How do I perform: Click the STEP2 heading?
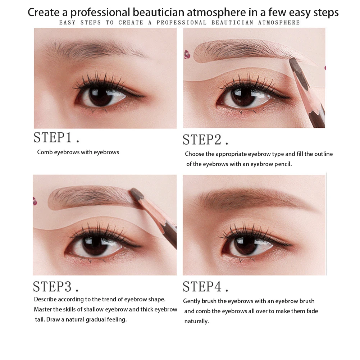point(205,140)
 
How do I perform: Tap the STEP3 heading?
point(56,286)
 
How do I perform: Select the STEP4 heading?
point(205,287)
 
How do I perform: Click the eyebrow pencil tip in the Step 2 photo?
point(293,62)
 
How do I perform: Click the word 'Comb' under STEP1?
point(45,152)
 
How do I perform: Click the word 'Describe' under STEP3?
point(45,299)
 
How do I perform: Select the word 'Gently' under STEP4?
point(192,301)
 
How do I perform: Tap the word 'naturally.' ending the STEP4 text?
point(196,321)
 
